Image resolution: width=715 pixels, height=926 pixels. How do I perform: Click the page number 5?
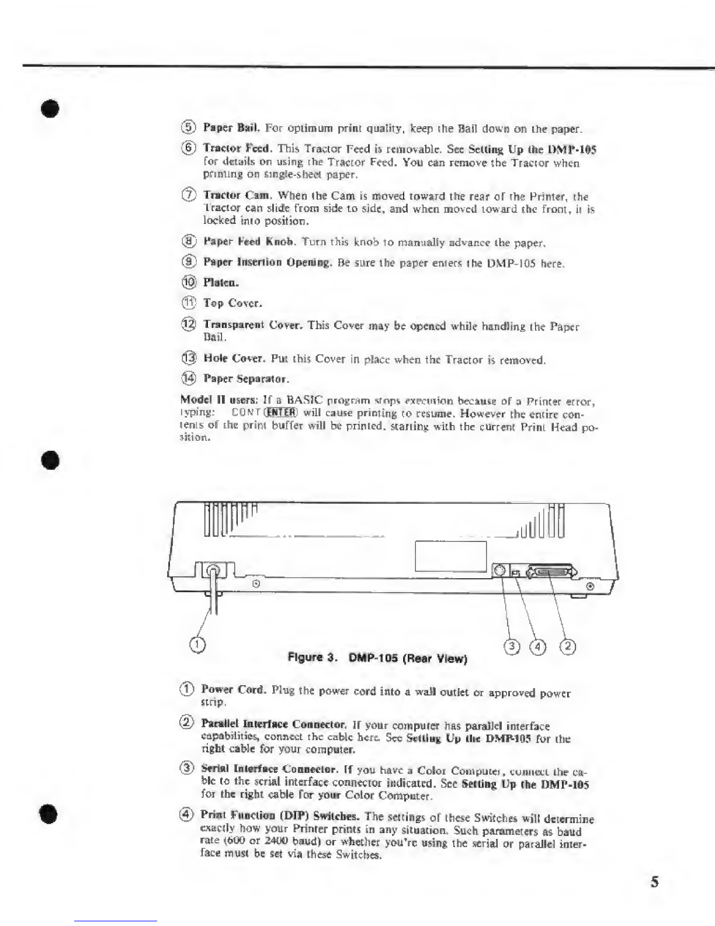tap(655, 881)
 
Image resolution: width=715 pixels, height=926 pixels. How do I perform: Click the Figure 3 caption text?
tap(378, 658)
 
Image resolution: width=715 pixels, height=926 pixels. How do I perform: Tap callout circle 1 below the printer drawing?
tap(198, 644)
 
